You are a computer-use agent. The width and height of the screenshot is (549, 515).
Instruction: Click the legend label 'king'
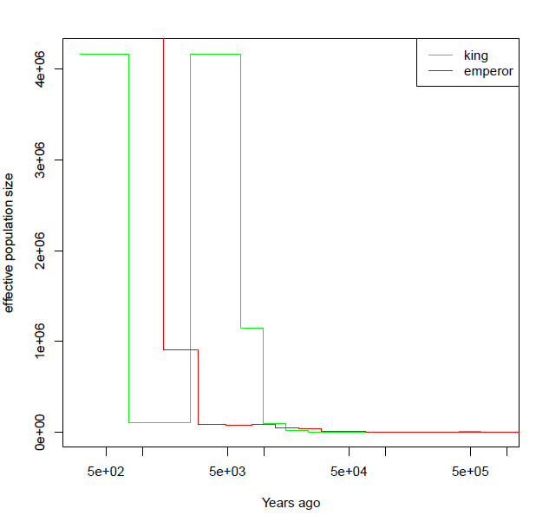pyautogui.click(x=476, y=55)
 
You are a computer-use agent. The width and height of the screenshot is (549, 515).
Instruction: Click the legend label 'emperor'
pyautogui.click(x=488, y=71)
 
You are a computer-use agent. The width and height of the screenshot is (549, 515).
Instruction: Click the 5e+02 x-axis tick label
pyautogui.click(x=106, y=472)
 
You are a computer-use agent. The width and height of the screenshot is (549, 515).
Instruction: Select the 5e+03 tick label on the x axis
pyautogui.click(x=227, y=472)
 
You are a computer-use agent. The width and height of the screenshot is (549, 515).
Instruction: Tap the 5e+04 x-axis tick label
pyautogui.click(x=349, y=472)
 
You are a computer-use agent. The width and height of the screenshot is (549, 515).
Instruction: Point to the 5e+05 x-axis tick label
pyautogui.click(x=470, y=472)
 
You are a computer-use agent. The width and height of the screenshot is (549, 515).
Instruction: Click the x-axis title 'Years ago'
pyautogui.click(x=291, y=503)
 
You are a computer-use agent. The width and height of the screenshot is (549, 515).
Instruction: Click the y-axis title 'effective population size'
pyautogui.click(x=10, y=243)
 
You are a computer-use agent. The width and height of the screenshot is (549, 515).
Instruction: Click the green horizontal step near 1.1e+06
pyautogui.click(x=252, y=328)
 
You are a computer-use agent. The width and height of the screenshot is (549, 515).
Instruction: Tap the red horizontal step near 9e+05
pyautogui.click(x=180, y=349)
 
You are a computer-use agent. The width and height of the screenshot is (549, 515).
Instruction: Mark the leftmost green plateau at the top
pyautogui.click(x=104, y=55)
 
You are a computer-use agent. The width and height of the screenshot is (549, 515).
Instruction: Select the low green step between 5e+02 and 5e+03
pyautogui.click(x=160, y=422)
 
